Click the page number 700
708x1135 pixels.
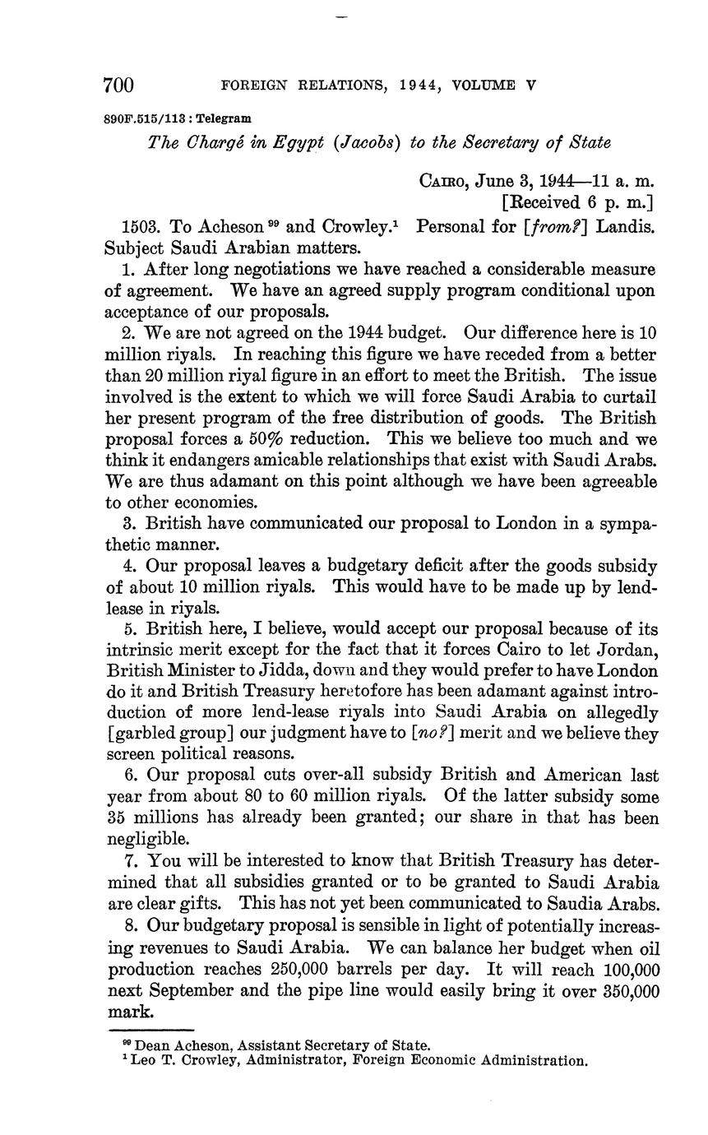(118, 85)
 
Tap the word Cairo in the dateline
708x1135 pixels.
(445, 180)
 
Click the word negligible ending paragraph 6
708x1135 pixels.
(143, 840)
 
